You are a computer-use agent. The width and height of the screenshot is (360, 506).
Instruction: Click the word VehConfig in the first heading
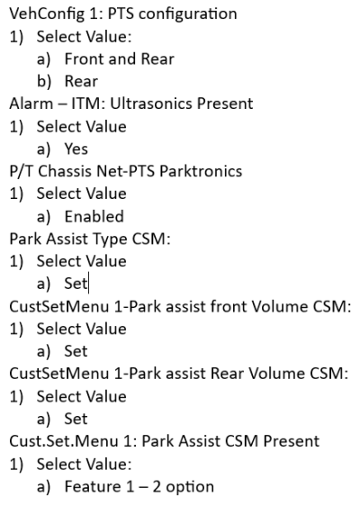pos(47,14)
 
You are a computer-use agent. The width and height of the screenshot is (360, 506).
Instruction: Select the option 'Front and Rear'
pos(120,59)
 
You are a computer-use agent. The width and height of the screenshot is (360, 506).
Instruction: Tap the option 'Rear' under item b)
pos(81,81)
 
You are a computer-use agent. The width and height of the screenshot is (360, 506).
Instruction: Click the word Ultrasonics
pos(151,104)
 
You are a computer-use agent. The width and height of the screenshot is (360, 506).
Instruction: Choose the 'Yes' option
pos(76,149)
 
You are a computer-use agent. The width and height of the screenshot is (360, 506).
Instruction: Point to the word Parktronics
pos(201,171)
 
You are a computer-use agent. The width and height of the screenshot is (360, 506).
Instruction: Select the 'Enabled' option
pos(94,216)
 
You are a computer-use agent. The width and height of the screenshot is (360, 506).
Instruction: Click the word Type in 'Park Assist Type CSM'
pos(111,240)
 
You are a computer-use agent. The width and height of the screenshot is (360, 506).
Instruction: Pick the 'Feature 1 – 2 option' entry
pos(139,487)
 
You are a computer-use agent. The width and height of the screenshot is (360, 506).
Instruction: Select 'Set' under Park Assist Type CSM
pos(76,284)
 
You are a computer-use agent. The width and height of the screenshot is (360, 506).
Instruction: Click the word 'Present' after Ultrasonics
pos(225,104)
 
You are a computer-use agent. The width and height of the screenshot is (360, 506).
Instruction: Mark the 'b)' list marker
pos(44,81)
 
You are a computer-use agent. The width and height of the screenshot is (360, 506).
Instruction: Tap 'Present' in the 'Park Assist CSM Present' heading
pos(292,441)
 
